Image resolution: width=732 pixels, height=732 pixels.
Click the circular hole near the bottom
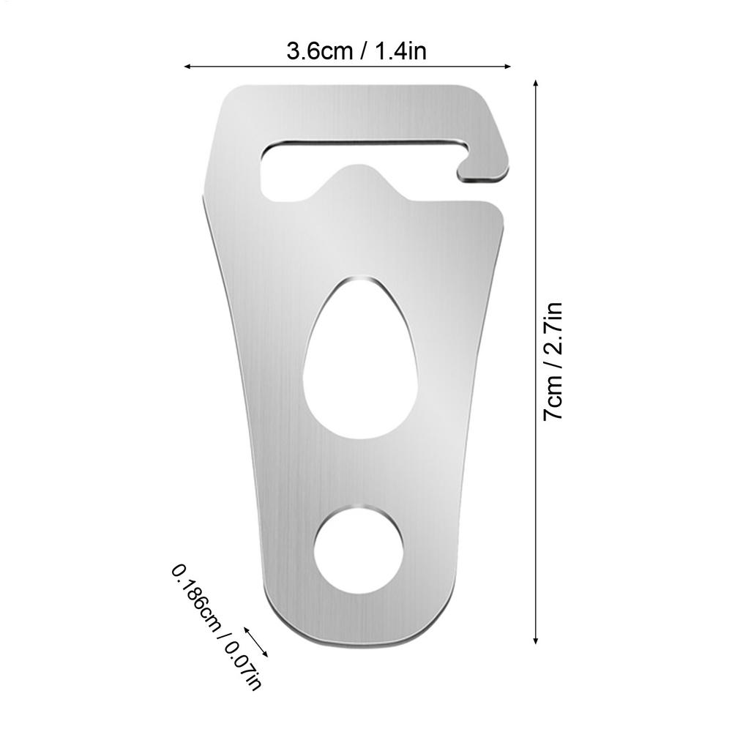(x=359, y=548)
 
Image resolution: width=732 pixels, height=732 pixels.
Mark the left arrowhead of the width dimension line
(x=187, y=67)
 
